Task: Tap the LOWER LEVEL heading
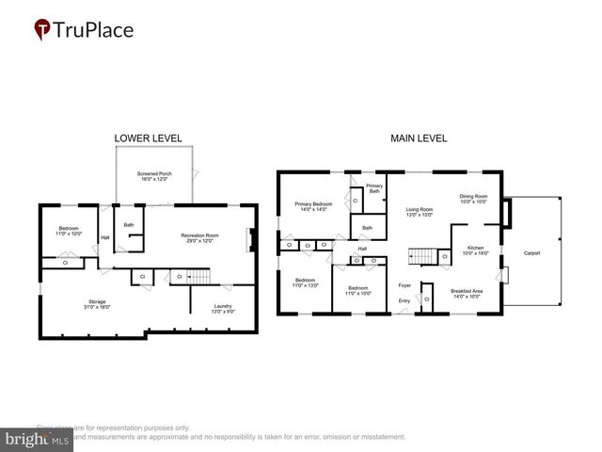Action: (148, 138)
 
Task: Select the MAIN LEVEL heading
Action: (419, 138)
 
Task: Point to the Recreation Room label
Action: (199, 237)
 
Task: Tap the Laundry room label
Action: (222, 308)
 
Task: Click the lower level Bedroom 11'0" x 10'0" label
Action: (69, 231)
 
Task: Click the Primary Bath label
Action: (374, 188)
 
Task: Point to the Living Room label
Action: (419, 212)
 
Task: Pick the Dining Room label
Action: (473, 199)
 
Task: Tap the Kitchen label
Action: (475, 250)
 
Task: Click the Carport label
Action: (531, 252)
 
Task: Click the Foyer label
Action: (404, 284)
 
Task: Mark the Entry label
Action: (404, 300)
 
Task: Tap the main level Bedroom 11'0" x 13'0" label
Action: (306, 282)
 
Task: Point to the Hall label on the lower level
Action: (104, 237)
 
